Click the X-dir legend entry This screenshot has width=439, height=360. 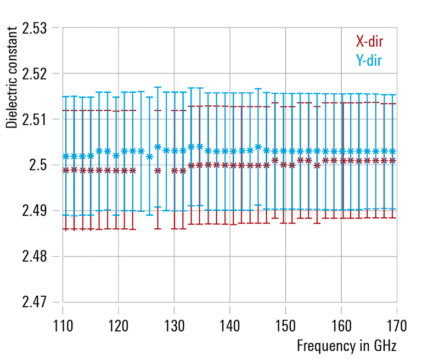(369, 42)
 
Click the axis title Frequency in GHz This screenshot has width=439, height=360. (346, 346)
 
